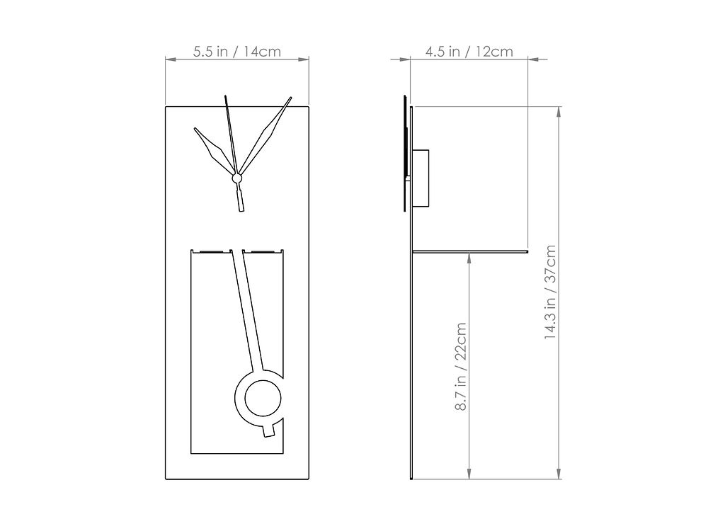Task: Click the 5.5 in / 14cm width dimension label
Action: coord(237,52)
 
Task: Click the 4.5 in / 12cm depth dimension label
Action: coord(469,52)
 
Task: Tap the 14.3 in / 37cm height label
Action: coord(551,292)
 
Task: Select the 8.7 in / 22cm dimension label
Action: coord(461,367)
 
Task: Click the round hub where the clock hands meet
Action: coord(238,180)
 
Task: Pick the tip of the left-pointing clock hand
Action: coord(195,129)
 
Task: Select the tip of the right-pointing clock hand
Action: coord(290,98)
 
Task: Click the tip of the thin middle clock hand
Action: coord(224,95)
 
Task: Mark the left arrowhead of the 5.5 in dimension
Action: coord(170,60)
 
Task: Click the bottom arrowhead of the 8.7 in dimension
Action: coord(469,474)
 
